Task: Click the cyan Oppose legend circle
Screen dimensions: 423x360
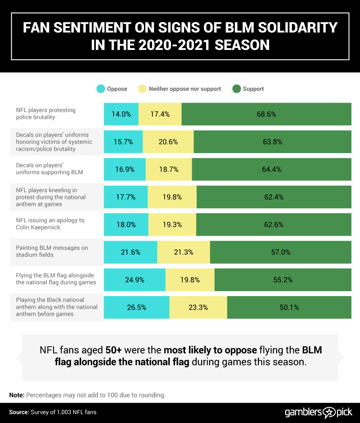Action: [x=100, y=89]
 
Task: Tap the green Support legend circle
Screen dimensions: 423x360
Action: [x=236, y=89]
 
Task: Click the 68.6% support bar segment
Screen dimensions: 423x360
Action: [x=266, y=114]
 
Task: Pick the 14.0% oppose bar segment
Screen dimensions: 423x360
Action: [x=121, y=114]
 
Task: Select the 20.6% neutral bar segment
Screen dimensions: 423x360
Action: [x=168, y=142]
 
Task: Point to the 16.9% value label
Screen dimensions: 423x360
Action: [x=125, y=170]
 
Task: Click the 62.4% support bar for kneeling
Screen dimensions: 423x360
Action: [x=274, y=197]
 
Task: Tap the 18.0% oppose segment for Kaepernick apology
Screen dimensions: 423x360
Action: [x=126, y=225]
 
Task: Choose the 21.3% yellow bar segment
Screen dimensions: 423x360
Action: [x=183, y=252]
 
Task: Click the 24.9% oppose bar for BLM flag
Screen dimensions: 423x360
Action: [x=135, y=279]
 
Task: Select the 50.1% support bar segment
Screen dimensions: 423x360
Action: [x=289, y=307]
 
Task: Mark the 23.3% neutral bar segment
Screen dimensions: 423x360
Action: [x=198, y=307]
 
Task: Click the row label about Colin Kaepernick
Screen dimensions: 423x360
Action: [x=50, y=224]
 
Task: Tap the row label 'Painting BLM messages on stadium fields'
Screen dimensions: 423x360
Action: [x=52, y=251]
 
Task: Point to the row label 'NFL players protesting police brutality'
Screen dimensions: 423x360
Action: [x=45, y=113]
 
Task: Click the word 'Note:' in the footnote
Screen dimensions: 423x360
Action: [x=17, y=395]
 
